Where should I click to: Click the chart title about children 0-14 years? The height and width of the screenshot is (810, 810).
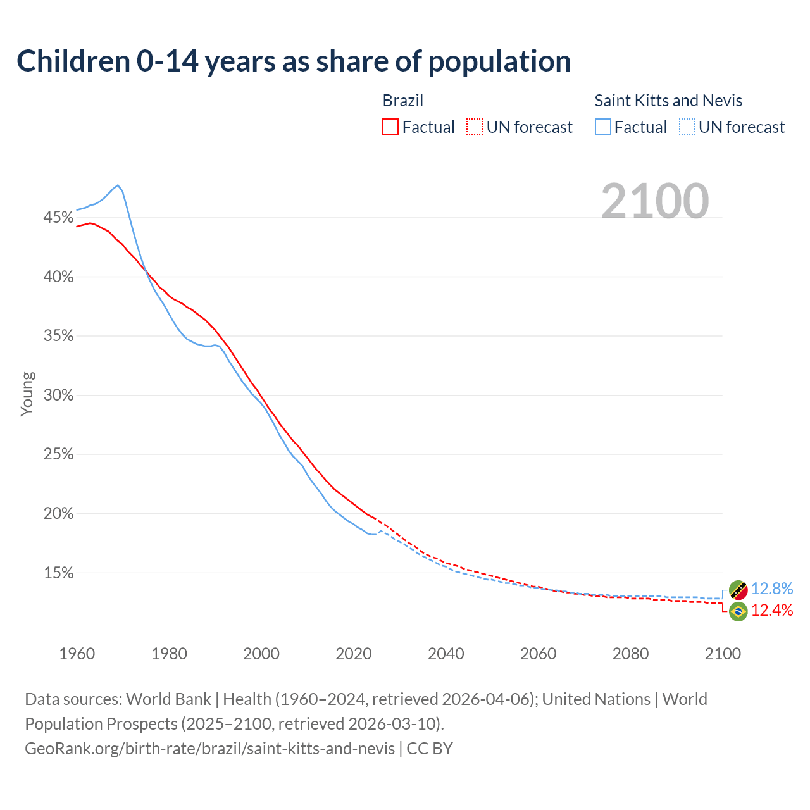click(x=294, y=61)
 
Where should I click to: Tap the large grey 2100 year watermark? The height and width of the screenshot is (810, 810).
click(x=654, y=201)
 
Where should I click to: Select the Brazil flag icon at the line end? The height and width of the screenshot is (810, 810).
click(x=738, y=611)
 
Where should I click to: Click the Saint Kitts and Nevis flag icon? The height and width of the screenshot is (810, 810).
click(x=738, y=590)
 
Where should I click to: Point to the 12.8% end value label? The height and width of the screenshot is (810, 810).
click(x=772, y=589)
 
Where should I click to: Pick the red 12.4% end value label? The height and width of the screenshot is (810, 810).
click(x=772, y=610)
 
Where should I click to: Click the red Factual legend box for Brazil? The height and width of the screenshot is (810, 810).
click(x=390, y=127)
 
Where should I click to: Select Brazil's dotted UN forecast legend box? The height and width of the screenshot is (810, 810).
click(x=475, y=127)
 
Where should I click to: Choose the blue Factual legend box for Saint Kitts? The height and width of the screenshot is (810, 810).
click(x=603, y=127)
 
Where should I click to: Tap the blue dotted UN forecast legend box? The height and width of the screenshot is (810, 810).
click(x=687, y=127)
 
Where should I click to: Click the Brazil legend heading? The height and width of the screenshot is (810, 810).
click(x=403, y=101)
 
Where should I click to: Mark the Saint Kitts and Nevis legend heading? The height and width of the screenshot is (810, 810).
click(x=668, y=101)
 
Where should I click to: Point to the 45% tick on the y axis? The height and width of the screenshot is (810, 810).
click(x=58, y=218)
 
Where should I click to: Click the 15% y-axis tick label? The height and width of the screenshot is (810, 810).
click(x=58, y=573)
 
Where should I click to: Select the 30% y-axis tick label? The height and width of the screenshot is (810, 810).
click(x=58, y=396)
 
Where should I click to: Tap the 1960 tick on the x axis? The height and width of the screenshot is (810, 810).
click(x=77, y=654)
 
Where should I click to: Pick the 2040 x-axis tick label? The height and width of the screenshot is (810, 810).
click(x=446, y=654)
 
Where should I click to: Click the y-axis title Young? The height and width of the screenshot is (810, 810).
click(x=27, y=394)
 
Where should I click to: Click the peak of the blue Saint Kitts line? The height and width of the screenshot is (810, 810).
click(x=118, y=185)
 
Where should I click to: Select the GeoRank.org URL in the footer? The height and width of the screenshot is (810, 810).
click(x=209, y=748)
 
